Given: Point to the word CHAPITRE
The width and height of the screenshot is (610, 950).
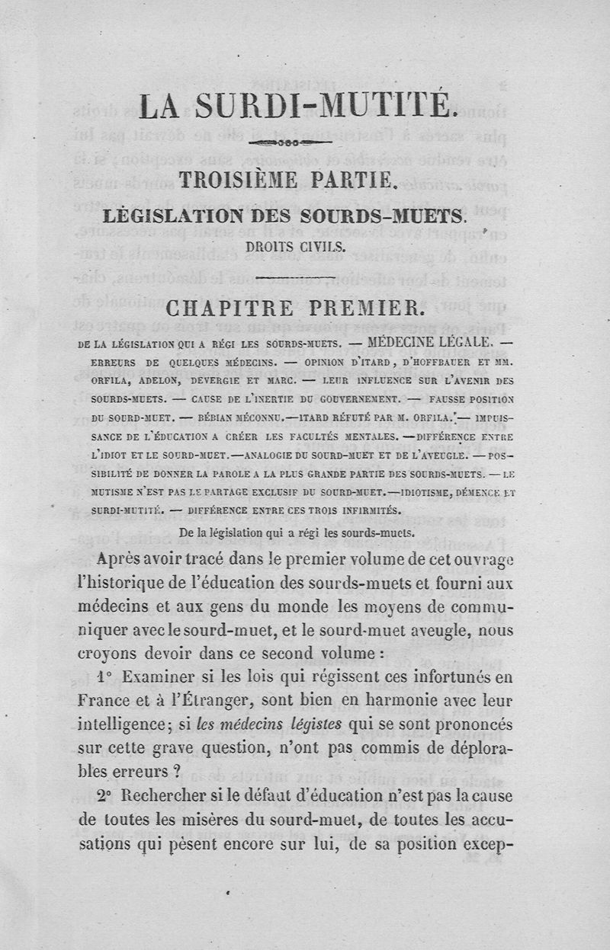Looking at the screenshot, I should [230, 310].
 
